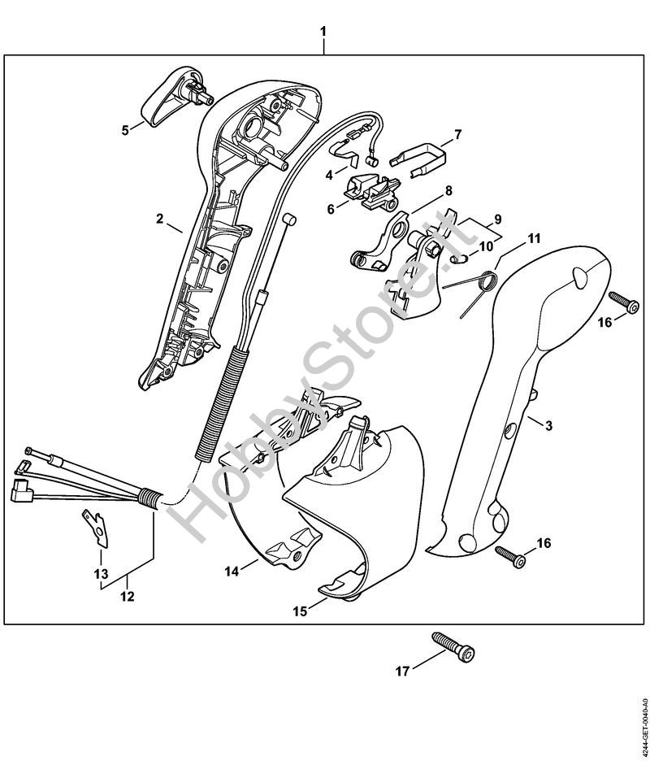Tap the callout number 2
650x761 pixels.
click(x=160, y=218)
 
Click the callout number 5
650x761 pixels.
click(x=125, y=128)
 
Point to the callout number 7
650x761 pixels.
click(x=457, y=133)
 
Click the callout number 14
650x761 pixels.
click(x=231, y=572)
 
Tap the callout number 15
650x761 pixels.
click(x=300, y=611)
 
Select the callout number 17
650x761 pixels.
click(x=400, y=672)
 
